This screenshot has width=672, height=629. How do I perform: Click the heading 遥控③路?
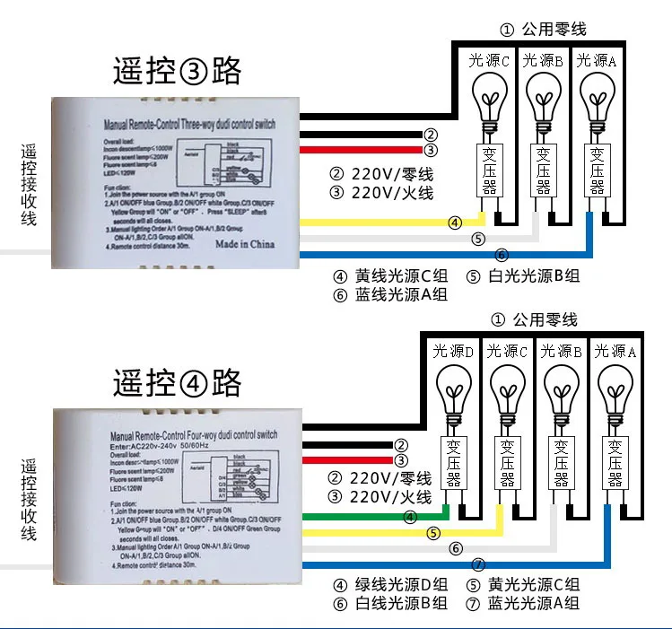pyautogui.click(x=177, y=71)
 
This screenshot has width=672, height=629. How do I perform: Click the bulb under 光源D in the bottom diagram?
pyautogui.click(x=455, y=393)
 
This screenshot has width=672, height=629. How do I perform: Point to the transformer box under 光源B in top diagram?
pyautogui.click(x=545, y=169)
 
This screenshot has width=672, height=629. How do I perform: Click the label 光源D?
pyautogui.click(x=453, y=351)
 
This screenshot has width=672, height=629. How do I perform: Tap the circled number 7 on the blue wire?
pyautogui.click(x=477, y=564)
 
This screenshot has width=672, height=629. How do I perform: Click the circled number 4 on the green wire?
pyautogui.click(x=410, y=517)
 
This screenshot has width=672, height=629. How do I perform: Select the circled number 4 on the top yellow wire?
pyautogui.click(x=455, y=222)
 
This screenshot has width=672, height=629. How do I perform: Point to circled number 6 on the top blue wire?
pyautogui.click(x=502, y=255)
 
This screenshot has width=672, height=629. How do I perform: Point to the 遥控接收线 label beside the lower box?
pyautogui.click(x=29, y=502)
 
